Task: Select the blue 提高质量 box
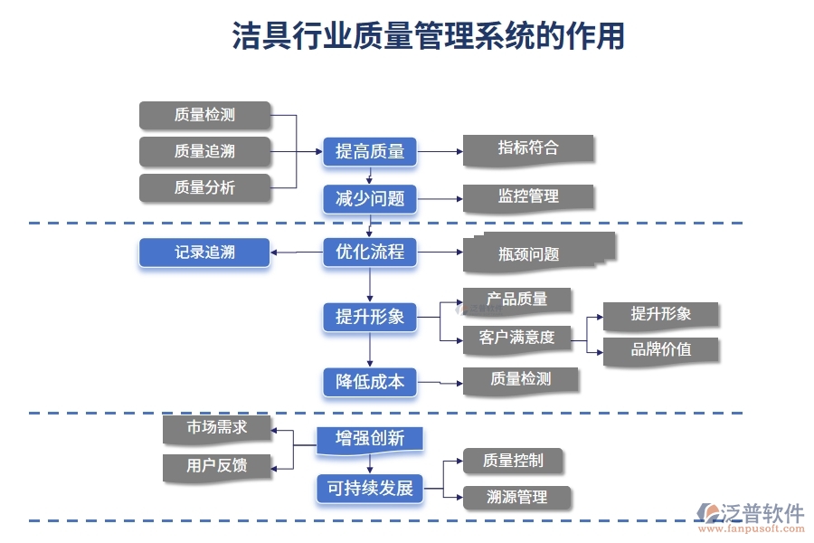click(370, 151)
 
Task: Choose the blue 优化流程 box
click(370, 252)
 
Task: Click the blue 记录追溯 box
click(204, 252)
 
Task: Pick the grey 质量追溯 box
click(204, 151)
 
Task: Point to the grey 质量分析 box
click(204, 187)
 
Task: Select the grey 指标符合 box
click(528, 149)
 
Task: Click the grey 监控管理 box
click(528, 196)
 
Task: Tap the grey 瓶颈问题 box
click(534, 252)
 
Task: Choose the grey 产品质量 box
click(516, 300)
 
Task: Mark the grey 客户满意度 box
click(516, 338)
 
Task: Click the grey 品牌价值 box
click(660, 349)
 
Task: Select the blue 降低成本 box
click(370, 382)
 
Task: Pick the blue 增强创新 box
click(370, 439)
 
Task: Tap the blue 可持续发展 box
click(370, 489)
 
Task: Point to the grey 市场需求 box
click(216, 428)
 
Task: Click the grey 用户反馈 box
click(216, 466)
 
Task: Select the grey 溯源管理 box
click(516, 497)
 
